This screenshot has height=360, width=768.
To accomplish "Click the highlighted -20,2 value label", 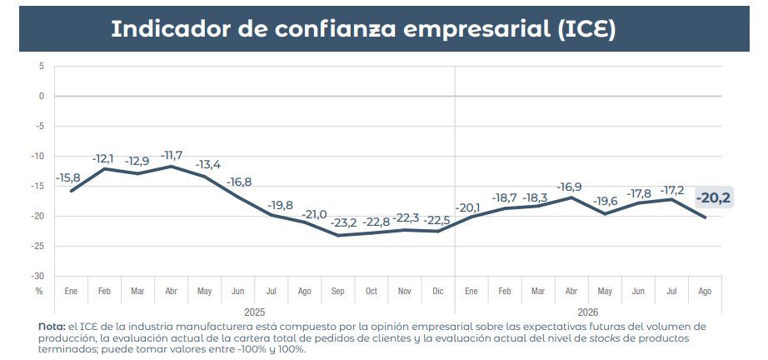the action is [x=714, y=197].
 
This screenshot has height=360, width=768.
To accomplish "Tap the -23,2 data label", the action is [x=343, y=222].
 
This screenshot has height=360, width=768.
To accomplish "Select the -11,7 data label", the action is [x=172, y=155].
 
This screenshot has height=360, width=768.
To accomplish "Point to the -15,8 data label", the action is [x=68, y=177].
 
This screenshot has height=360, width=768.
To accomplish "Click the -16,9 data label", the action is [x=569, y=187].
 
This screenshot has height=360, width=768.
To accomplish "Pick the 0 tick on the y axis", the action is [x=42, y=96].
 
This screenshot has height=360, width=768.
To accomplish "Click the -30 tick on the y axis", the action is [x=38, y=276].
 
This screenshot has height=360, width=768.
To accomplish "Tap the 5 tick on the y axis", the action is [x=42, y=66].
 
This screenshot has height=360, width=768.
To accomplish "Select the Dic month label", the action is [x=438, y=291].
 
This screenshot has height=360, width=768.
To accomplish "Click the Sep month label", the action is [x=338, y=291].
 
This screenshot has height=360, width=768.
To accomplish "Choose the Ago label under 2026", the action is [x=705, y=292].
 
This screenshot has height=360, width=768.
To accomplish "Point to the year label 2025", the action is [x=254, y=312].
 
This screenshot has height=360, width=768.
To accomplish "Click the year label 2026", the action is [x=588, y=312].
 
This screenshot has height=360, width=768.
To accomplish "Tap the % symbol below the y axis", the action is [x=39, y=291].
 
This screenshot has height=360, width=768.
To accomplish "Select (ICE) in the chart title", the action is [x=586, y=29].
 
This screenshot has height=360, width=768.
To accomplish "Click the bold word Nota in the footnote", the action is [x=52, y=327].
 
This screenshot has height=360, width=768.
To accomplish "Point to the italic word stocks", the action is [x=616, y=338].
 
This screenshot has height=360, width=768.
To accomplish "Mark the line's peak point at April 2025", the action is [x=172, y=166].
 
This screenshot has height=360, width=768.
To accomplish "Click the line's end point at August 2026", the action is [x=706, y=217].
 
